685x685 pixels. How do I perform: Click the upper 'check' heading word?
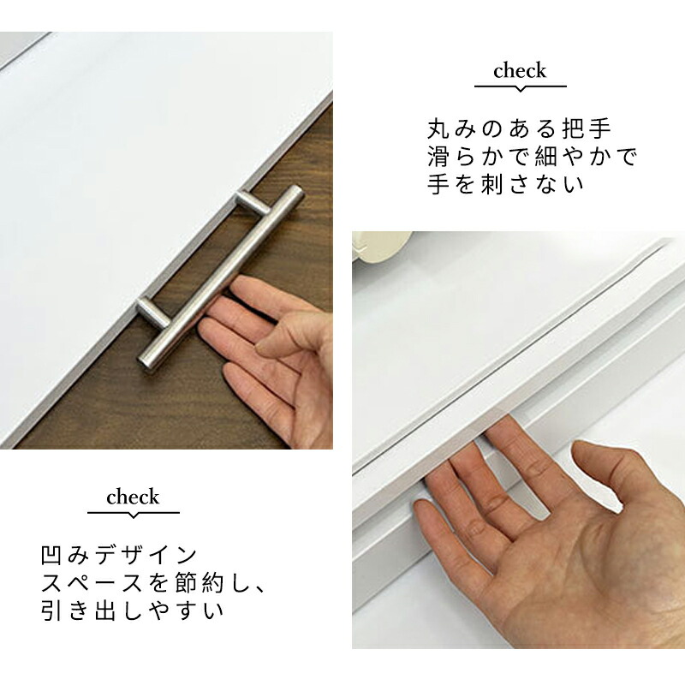click(520, 71)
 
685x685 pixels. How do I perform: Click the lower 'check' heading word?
click(133, 497)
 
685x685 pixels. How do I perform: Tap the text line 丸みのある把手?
click(519, 129)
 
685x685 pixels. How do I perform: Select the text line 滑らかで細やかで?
click(533, 157)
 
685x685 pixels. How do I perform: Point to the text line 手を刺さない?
click(505, 184)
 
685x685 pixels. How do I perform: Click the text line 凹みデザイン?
click(119, 555)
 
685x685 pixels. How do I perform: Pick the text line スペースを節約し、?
click(153, 582)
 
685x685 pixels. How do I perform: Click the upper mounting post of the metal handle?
click(253, 202)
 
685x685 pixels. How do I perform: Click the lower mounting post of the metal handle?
click(153, 312)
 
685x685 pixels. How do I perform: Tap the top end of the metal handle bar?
click(295, 192)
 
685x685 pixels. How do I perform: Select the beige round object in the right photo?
click(382, 246)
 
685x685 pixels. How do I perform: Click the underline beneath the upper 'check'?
click(521, 87)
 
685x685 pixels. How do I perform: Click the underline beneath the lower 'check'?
click(134, 513)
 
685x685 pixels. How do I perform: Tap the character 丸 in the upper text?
click(438, 129)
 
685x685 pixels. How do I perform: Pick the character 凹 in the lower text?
click(51, 555)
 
